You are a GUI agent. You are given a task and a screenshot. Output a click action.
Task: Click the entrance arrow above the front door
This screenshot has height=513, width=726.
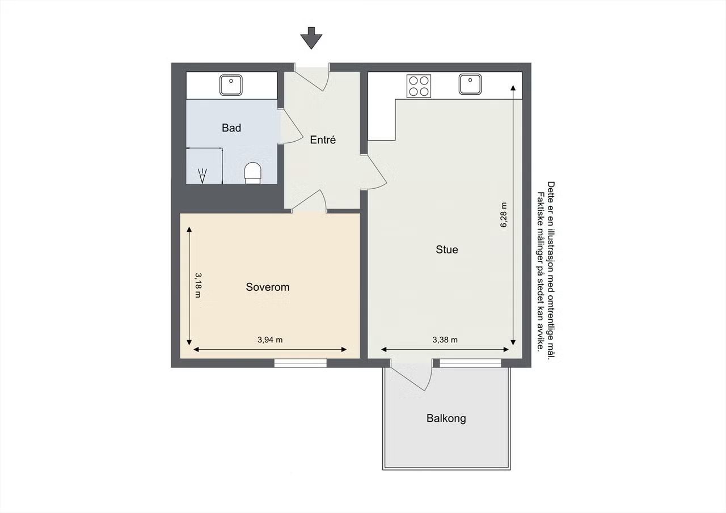311,38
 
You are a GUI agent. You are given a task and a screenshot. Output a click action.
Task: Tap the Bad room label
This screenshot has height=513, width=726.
231,128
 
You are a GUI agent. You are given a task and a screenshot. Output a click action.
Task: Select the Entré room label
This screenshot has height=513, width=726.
323,139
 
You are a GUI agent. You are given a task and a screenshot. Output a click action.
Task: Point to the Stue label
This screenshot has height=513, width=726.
447,249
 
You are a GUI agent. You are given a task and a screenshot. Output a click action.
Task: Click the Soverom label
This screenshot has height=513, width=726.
268,287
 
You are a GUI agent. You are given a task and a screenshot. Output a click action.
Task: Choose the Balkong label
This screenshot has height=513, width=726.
446,418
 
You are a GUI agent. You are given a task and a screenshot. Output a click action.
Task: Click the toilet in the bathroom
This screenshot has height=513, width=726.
253,173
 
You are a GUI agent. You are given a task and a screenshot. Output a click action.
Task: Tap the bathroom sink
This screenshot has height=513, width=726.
231,85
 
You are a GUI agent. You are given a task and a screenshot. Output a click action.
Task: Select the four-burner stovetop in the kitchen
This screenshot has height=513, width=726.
419,86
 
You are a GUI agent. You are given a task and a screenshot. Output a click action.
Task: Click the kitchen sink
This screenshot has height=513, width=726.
470,84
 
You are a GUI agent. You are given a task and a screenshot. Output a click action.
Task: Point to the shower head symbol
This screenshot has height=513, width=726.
202,176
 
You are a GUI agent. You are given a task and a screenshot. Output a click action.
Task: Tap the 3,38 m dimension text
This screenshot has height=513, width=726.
445,340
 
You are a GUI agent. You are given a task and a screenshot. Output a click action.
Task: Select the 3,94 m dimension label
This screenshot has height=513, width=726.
270,340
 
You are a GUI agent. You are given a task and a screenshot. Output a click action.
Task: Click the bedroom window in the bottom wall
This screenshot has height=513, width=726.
301,363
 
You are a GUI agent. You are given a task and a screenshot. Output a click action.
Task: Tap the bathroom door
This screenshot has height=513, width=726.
290,126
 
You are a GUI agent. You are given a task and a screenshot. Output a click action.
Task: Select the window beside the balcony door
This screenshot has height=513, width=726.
470,363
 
